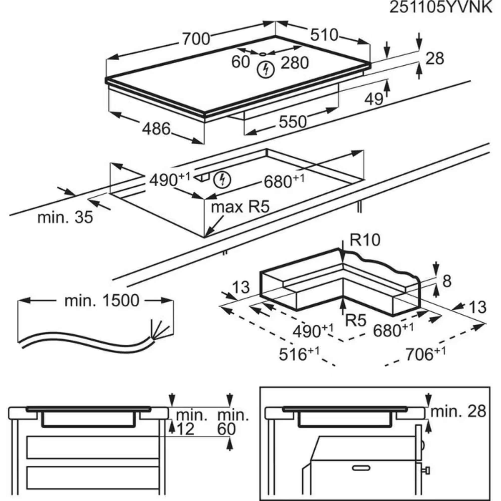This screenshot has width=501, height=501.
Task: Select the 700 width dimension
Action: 196,39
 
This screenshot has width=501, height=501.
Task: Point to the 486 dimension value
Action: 156,129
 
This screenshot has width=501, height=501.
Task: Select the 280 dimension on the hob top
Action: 295,63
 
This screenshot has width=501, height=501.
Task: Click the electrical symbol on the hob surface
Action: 266,69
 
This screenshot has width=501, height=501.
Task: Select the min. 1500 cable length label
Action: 102,301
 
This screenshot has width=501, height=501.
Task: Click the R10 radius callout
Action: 365,240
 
